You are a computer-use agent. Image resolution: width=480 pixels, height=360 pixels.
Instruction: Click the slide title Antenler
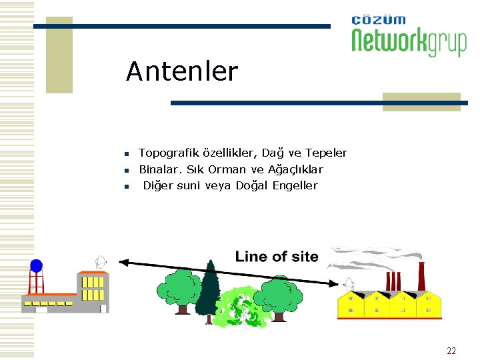point(181,71)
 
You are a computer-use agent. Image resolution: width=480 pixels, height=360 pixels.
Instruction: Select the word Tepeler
point(326,153)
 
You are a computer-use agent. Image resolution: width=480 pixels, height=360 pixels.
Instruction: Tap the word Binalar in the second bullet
point(157,170)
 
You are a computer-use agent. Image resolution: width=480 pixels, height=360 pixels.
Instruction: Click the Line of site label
point(277,257)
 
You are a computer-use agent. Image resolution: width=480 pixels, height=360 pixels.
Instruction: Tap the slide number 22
point(451,351)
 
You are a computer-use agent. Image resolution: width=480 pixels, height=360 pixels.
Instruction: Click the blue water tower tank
point(36,266)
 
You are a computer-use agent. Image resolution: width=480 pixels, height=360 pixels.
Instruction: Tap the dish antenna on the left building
point(101,261)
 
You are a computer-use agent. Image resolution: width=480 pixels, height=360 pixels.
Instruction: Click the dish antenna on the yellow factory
point(347,287)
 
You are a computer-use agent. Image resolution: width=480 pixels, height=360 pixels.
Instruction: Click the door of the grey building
point(103,308)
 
